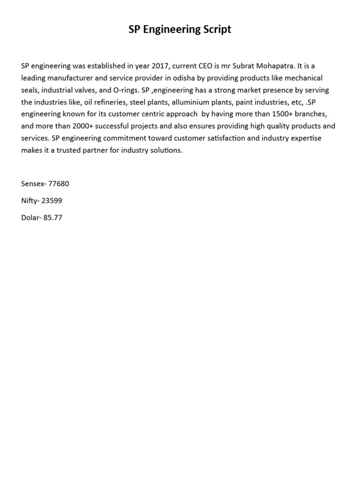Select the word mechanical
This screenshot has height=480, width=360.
click(x=304, y=78)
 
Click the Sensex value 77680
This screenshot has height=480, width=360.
click(x=59, y=184)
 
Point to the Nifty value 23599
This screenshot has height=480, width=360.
click(x=52, y=201)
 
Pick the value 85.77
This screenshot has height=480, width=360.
click(x=52, y=217)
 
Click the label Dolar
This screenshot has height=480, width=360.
click(x=30, y=217)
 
